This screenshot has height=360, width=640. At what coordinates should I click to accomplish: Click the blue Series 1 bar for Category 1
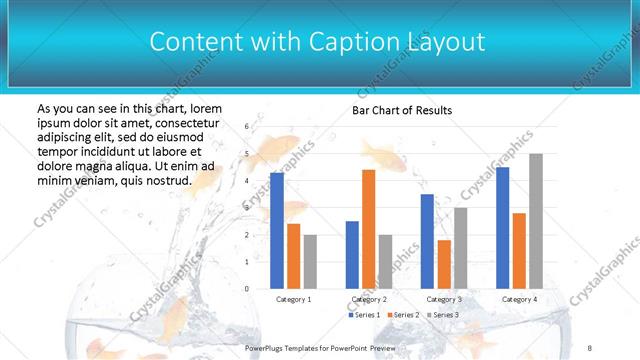[x=277, y=231]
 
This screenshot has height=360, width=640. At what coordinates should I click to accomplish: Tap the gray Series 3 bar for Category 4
[x=536, y=221]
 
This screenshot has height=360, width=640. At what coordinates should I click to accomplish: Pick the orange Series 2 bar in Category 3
[x=443, y=264]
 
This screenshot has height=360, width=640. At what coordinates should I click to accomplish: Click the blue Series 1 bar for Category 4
[x=502, y=228]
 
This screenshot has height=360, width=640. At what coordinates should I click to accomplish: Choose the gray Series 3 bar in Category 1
[x=310, y=262]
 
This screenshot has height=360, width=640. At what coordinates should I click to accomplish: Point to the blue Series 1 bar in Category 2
[x=352, y=255]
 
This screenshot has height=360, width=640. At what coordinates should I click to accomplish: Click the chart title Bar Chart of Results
[x=403, y=110]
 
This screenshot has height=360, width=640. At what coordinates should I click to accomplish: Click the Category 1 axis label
[x=293, y=299]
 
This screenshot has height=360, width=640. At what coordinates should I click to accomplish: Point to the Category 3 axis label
[x=444, y=299]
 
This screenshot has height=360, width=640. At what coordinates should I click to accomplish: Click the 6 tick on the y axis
[x=247, y=127]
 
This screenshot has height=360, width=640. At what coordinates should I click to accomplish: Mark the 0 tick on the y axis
[x=247, y=289]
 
